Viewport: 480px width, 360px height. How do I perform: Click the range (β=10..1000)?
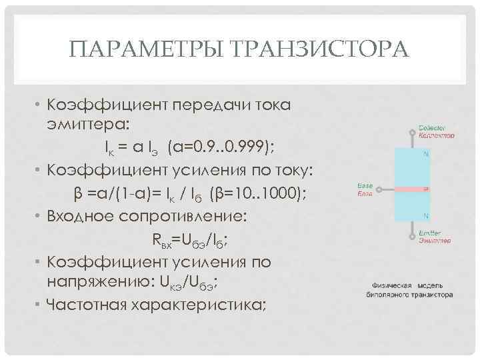point(256,193)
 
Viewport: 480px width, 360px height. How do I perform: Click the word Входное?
point(78,217)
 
